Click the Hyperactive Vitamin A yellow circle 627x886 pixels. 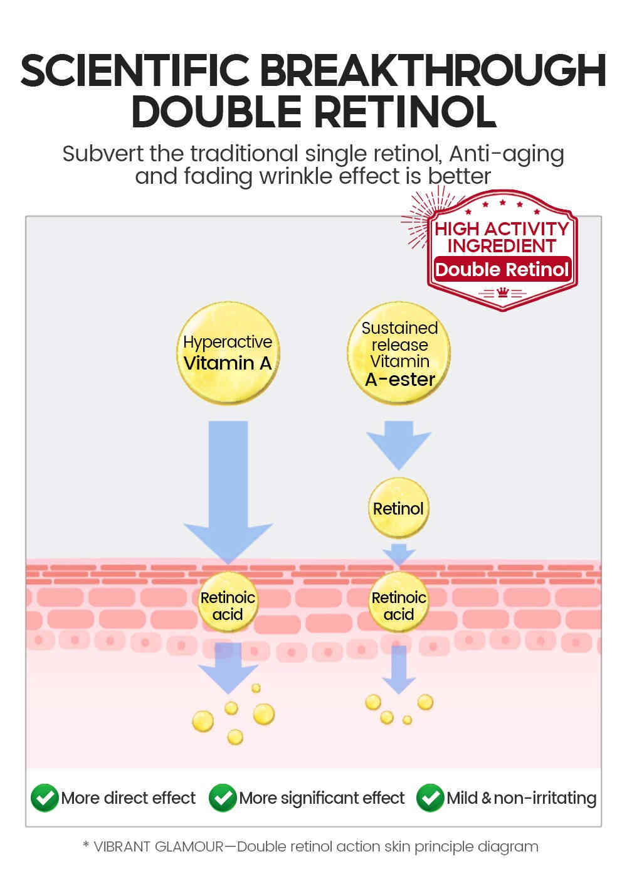(228, 353)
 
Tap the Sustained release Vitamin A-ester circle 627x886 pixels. (399, 353)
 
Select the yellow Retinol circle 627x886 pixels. (398, 508)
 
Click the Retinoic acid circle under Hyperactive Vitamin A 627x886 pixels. (228, 605)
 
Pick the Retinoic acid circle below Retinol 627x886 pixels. (399, 605)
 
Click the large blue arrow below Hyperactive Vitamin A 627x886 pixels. (228, 489)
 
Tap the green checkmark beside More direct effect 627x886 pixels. (45, 798)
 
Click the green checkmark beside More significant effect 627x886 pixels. (223, 798)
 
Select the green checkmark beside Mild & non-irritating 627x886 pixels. (430, 798)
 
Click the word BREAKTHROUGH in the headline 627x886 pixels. (433, 70)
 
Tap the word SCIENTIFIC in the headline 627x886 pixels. (135, 70)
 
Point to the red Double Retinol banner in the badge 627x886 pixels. (502, 270)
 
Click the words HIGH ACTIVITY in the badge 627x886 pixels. (502, 229)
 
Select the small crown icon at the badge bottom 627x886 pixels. (502, 293)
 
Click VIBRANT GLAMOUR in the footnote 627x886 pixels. (158, 846)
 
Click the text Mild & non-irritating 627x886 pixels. (521, 798)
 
